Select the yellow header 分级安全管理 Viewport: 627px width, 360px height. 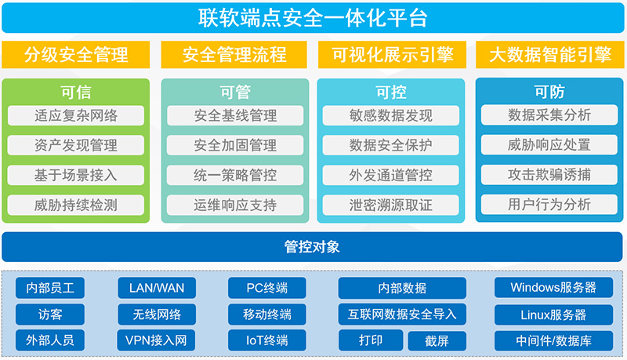tap(76, 55)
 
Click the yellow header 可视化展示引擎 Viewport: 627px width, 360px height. tap(391, 55)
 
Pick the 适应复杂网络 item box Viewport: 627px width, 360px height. tap(76, 115)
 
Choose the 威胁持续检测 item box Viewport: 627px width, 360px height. tap(76, 205)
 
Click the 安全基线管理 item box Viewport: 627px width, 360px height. tap(235, 115)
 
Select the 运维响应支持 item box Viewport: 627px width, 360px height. tap(235, 205)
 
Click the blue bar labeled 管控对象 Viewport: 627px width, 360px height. tap(313, 247)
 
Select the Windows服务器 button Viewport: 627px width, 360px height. tap(553, 288)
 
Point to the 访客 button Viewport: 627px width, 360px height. tap(50, 315)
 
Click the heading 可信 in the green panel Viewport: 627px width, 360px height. tap(76, 92)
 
